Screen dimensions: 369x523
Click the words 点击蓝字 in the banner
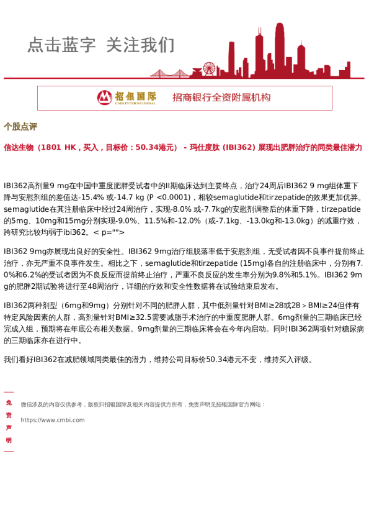61,45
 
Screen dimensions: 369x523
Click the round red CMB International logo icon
105,98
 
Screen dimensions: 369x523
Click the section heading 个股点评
20,127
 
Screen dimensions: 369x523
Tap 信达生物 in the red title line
19,148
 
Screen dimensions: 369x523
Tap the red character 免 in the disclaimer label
9,402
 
